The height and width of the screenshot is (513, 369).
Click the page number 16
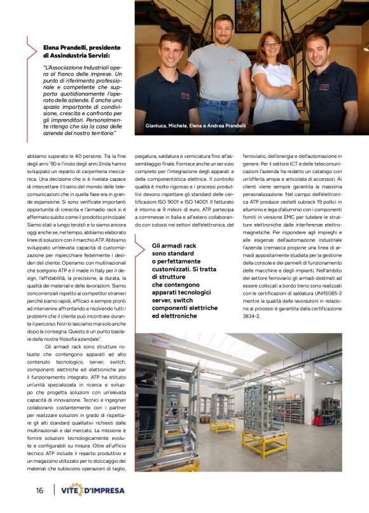coord(39,490)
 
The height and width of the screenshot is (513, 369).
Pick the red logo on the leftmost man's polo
coord(185,95)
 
